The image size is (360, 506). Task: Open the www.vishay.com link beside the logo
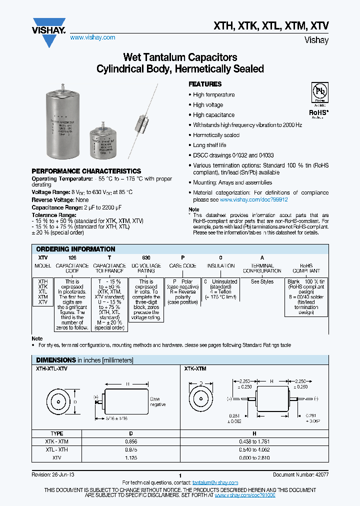[92, 37]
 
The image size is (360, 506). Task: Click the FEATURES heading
[205, 84]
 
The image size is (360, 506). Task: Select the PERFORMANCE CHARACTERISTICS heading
[86, 171]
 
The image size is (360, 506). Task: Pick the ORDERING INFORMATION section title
[75, 249]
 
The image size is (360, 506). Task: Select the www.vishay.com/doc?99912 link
[254, 199]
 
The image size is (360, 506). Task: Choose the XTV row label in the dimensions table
[57, 457]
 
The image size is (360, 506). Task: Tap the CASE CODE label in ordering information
[182, 266]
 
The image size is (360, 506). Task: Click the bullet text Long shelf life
[209, 145]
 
